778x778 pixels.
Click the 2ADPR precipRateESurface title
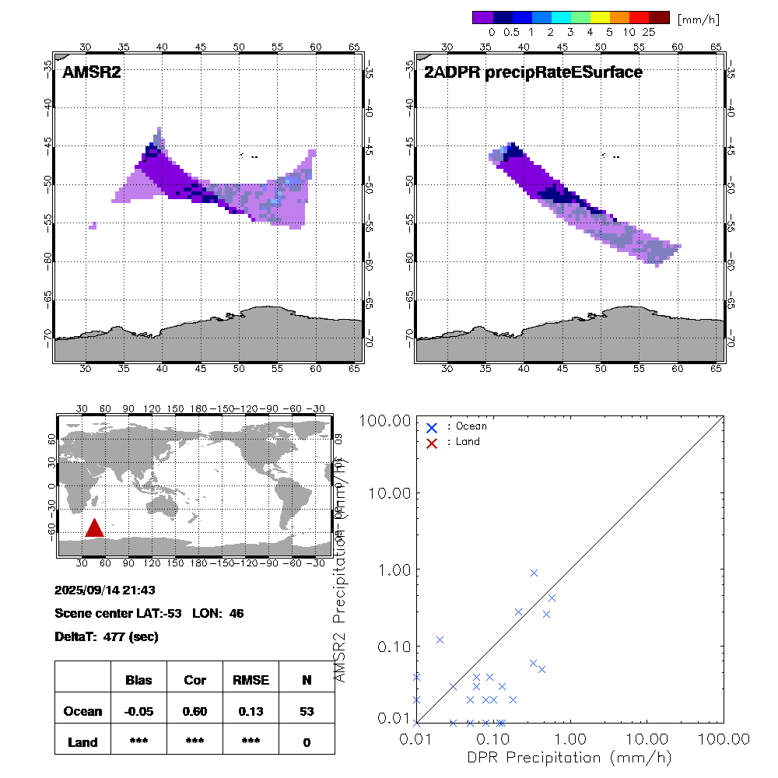[x=533, y=72]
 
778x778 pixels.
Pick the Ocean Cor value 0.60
[x=194, y=711]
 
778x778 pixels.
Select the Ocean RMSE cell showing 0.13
[x=251, y=711]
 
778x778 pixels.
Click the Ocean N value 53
[x=307, y=711]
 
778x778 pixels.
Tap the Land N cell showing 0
[x=307, y=742]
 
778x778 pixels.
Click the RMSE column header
[x=251, y=680]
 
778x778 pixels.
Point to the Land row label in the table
[x=82, y=742]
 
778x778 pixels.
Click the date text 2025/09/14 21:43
[x=105, y=590]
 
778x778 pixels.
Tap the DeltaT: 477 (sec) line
[x=107, y=636]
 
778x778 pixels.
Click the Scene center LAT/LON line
[x=149, y=613]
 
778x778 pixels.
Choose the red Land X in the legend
[x=432, y=442]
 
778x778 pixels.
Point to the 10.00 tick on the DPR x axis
[x=647, y=738]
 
